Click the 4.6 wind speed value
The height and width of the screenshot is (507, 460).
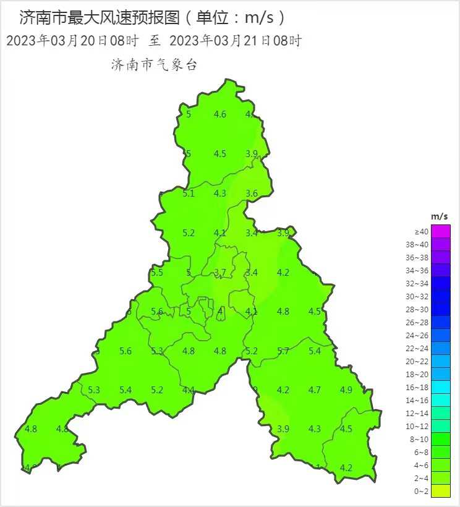coord(220,114)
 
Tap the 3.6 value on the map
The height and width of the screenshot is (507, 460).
coord(252,194)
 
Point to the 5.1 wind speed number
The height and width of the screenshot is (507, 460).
coord(189,194)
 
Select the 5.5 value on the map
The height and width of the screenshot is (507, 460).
coord(157,273)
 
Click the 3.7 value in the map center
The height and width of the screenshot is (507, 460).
coord(220,273)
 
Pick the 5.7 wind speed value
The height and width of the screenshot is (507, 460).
coord(283,351)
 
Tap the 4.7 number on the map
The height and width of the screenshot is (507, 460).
coord(315,390)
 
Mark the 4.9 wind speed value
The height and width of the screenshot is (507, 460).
coord(346,390)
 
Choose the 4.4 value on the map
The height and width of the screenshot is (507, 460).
coord(189,390)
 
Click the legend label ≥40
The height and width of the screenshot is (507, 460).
coord(421,232)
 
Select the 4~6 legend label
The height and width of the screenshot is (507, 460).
coord(421,465)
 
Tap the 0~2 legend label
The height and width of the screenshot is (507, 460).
coord(421,491)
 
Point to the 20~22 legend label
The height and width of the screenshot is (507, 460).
coord(421,361)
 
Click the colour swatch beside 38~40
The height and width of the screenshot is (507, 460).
coord(441,244)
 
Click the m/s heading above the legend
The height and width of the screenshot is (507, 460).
coord(440,216)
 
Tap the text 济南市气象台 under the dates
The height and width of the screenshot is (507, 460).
coord(154,65)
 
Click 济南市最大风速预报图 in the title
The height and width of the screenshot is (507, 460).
coord(99,17)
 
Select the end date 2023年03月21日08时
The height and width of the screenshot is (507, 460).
coord(235,41)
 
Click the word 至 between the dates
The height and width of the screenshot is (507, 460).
coord(155,41)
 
